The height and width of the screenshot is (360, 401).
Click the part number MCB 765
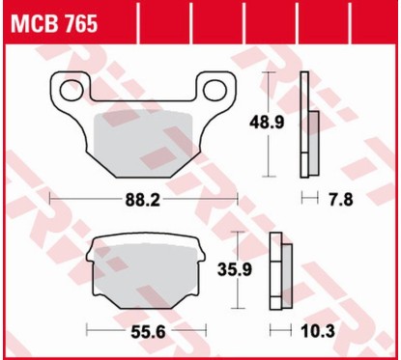point(54,24)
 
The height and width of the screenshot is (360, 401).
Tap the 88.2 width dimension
point(142,199)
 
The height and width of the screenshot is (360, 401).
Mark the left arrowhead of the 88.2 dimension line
point(50,199)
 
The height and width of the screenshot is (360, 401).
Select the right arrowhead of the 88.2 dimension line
point(235,199)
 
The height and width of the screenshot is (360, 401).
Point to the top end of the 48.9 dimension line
point(270,76)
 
